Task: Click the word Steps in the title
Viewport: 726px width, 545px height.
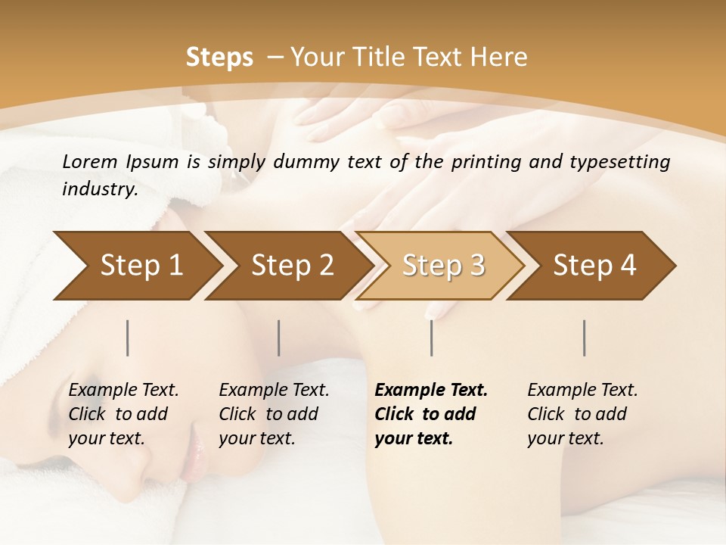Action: (x=219, y=58)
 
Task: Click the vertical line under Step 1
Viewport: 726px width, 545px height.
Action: (x=128, y=338)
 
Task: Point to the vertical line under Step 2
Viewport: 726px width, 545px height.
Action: (x=279, y=338)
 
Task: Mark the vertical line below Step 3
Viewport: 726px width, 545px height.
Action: (x=432, y=338)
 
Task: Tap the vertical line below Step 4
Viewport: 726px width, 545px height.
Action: (x=585, y=338)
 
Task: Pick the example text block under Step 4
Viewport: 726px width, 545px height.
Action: (x=582, y=414)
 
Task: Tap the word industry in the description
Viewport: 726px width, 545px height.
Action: (x=100, y=188)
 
